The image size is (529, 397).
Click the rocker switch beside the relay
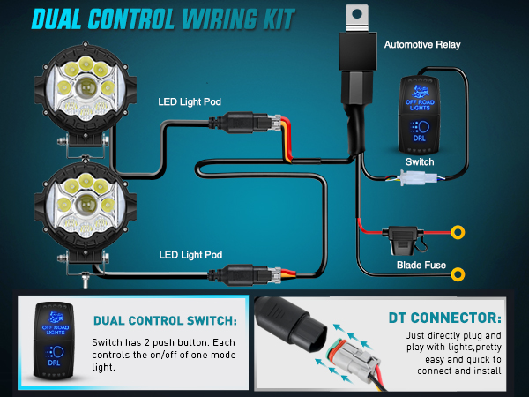click(426, 113)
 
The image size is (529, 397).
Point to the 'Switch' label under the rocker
click(420, 163)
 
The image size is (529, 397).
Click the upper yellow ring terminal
click(458, 234)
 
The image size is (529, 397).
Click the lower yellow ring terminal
click(458, 274)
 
